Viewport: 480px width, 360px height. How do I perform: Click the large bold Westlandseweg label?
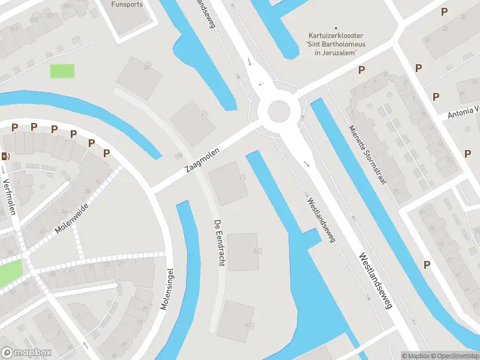pos(375,281)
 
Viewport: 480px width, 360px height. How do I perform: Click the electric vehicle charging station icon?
pos(6,156)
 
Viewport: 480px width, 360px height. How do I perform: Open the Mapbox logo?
pos(26,353)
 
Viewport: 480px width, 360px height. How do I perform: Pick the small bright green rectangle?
pos(62,70)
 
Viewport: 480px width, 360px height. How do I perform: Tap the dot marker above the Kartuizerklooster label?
pos(336,28)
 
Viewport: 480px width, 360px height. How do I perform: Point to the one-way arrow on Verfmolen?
pos(4,170)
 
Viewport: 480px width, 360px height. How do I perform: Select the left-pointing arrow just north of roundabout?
pos(261,84)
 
